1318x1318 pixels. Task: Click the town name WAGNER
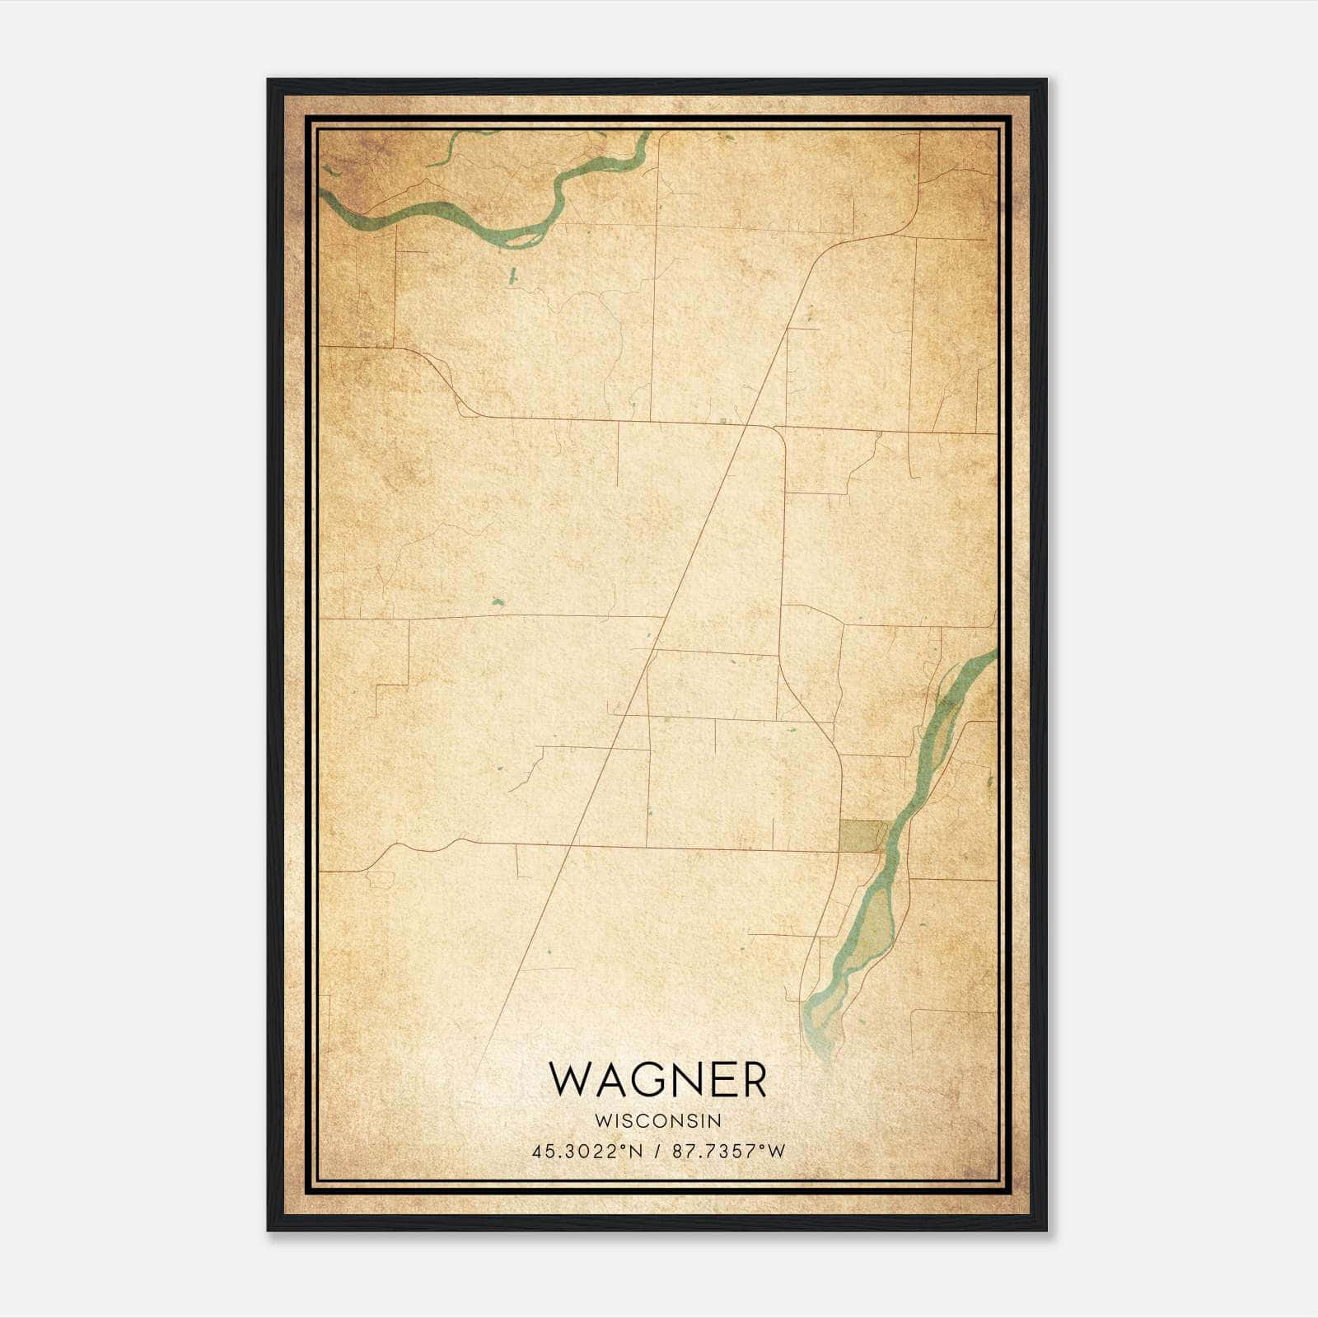[x=657, y=1080]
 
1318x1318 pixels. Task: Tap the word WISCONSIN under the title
[x=657, y=1121]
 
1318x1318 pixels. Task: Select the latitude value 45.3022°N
[x=586, y=1152]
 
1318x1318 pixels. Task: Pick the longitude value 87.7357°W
[x=728, y=1152]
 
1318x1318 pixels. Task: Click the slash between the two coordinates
[x=657, y=1152]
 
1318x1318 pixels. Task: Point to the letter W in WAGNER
[x=568, y=1080]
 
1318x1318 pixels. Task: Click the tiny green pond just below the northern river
[x=512, y=276]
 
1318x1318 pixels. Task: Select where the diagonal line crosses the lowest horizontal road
[x=568, y=845]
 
